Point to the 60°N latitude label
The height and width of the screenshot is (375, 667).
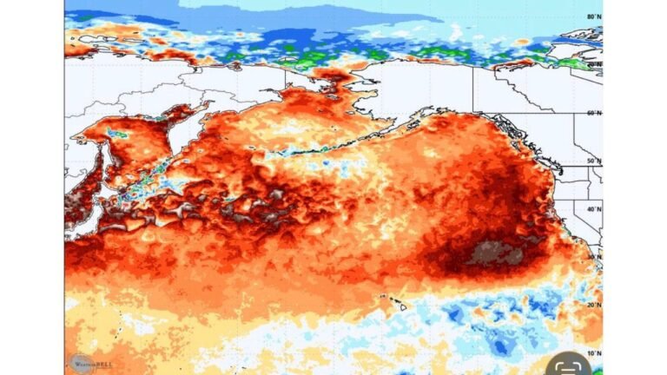tap(594, 113)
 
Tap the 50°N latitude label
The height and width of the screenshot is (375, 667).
tap(594, 161)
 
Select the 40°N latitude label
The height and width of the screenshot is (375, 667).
tap(594, 208)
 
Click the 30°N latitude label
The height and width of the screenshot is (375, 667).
tap(594, 257)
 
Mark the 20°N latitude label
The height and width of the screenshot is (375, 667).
tap(594, 305)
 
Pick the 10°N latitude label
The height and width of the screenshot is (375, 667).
tap(594, 353)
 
